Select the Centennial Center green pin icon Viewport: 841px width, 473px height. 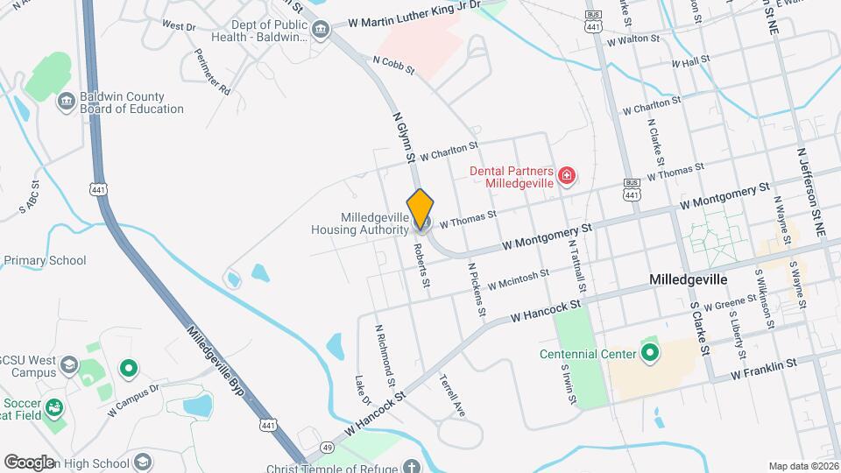(649, 354)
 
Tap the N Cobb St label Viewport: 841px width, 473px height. (392, 64)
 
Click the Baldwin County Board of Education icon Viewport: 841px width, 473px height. (66, 102)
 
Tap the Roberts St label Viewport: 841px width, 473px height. (422, 264)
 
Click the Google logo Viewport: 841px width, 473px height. (29, 462)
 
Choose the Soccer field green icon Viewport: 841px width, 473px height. (54, 407)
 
